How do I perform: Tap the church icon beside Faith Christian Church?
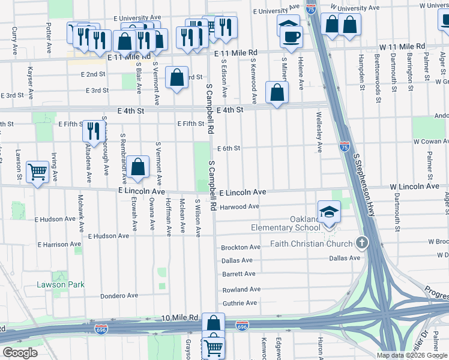pos(361,243)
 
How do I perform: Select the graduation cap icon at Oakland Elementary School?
pos(329,212)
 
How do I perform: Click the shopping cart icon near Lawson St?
pos(38,172)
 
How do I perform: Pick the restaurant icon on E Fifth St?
pos(93,130)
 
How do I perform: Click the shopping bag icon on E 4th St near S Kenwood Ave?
pos(277,92)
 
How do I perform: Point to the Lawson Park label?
pos(59,284)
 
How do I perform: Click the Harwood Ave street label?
pos(240,206)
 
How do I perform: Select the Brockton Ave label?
pos(241,247)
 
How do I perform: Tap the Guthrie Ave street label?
pos(240,304)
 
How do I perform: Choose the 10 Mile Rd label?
pos(179,317)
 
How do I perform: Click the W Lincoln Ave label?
pos(414,187)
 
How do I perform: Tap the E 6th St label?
pos(229,148)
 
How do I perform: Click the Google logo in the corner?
pos(20,353)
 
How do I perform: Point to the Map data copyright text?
pos(411,355)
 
